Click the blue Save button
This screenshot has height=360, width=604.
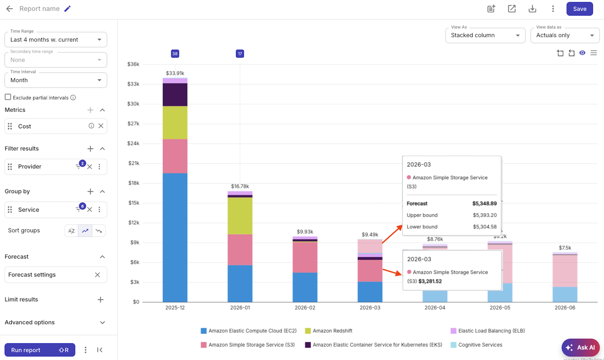click(x=579, y=9)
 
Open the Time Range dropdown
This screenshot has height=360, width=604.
click(x=56, y=40)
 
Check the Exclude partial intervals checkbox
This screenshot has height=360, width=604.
click(x=8, y=97)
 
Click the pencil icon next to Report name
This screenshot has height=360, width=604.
click(x=68, y=9)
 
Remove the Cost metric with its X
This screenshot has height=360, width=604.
click(x=101, y=126)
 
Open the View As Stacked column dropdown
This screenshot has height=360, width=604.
click(x=485, y=35)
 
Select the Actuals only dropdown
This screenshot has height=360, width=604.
click(x=565, y=35)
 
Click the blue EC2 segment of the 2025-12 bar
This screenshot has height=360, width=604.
click(x=175, y=236)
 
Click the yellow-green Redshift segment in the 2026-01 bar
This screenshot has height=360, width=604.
click(x=240, y=215)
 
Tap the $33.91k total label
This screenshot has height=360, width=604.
click(x=175, y=73)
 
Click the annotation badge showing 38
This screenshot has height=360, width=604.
click(x=175, y=54)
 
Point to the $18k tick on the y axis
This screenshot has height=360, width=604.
click(x=134, y=183)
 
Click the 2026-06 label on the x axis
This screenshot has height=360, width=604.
click(x=565, y=308)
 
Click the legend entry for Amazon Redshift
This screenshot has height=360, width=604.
click(x=332, y=331)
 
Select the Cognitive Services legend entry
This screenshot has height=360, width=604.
click(x=480, y=345)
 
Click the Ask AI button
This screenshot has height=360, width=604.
click(x=580, y=347)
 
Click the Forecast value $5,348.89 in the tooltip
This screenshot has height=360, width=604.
click(x=484, y=203)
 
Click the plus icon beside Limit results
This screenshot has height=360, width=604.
click(x=100, y=300)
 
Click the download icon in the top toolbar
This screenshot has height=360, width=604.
click(x=532, y=9)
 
